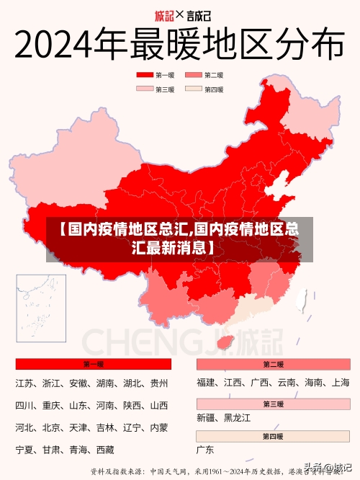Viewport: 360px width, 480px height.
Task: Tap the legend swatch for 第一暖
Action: click(145, 74)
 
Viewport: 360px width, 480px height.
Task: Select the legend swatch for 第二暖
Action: click(194, 74)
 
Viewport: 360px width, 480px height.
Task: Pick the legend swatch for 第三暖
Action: click(145, 89)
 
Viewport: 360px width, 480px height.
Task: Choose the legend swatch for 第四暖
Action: click(194, 89)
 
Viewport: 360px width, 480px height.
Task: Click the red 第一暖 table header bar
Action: click(93, 364)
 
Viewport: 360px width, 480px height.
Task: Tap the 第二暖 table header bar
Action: click(273, 364)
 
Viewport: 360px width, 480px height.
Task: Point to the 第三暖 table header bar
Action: click(273, 404)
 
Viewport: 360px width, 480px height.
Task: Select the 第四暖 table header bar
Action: click(273, 436)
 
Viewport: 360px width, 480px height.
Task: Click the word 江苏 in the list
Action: click(24, 383)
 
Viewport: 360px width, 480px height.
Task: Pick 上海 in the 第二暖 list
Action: click(340, 383)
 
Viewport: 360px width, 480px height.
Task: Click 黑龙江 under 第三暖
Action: click(237, 418)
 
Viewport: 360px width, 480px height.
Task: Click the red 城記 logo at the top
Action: click(165, 14)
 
